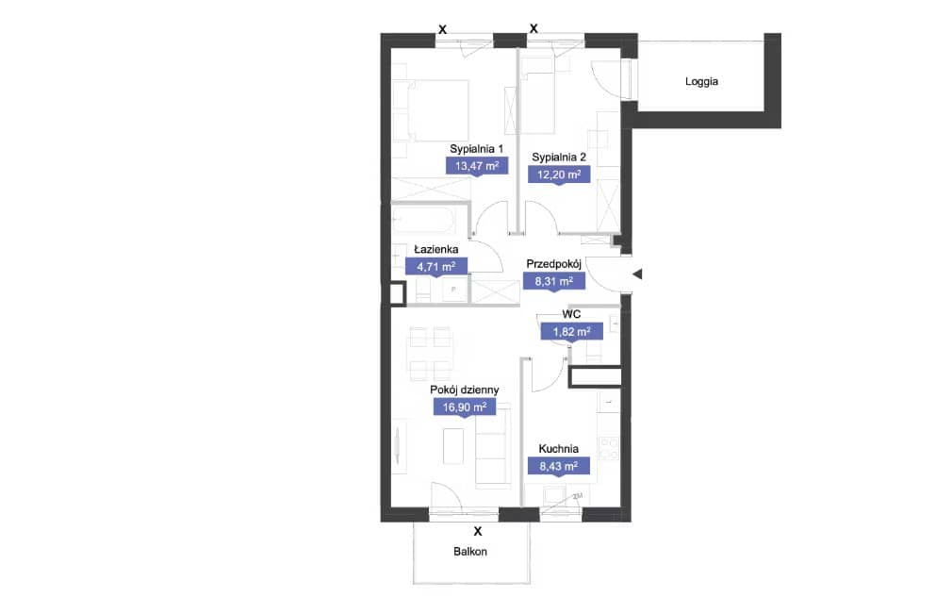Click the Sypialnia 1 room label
[x=476, y=149]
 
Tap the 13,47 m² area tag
[x=477, y=165]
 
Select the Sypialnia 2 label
[x=559, y=158]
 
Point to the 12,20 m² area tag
[x=559, y=174]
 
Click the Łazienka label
[x=436, y=249]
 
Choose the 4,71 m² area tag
[x=436, y=266]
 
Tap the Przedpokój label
[x=554, y=264]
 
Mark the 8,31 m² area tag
[x=554, y=281]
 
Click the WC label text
[x=571, y=314]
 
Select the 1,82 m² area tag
[x=572, y=331]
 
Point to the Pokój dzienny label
[x=465, y=390]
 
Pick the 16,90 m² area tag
[x=465, y=407]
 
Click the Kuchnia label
[x=559, y=449]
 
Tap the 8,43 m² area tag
[x=559, y=466]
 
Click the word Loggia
[x=701, y=82]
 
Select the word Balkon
[x=470, y=552]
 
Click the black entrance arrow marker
[x=637, y=274]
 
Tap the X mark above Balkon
[x=478, y=531]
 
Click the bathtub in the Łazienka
[x=425, y=220]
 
